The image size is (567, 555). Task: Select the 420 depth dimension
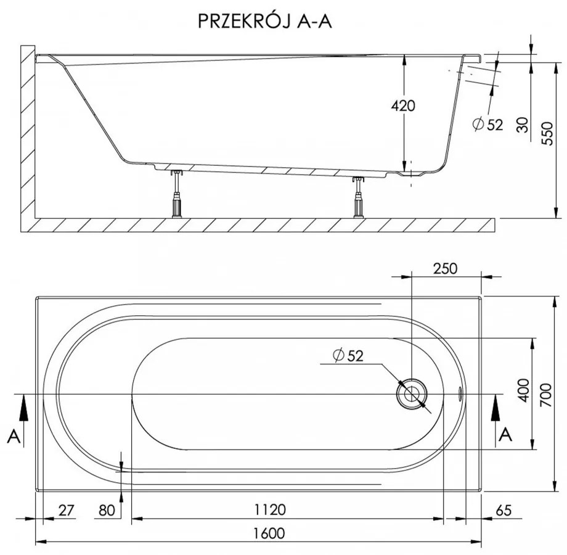tap(404, 105)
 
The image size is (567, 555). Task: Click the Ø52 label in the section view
tap(487, 125)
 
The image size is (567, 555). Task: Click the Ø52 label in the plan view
tap(348, 355)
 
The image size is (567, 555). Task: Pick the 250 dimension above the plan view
tap(446, 268)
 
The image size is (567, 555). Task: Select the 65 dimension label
tap(504, 510)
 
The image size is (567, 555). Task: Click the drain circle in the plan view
tap(411, 393)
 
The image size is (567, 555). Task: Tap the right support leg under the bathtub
tap(358, 197)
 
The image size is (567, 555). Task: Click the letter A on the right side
tap(505, 435)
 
